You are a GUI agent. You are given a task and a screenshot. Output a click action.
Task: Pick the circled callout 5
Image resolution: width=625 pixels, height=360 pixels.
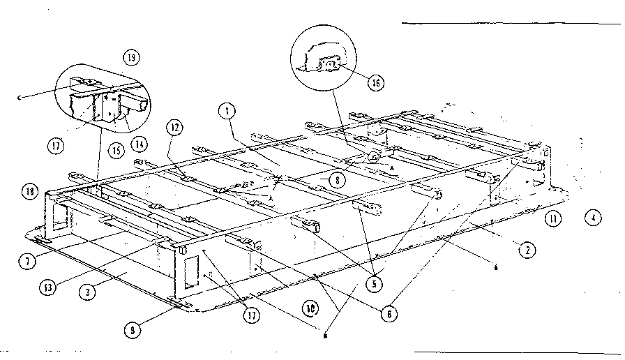pos(377,284)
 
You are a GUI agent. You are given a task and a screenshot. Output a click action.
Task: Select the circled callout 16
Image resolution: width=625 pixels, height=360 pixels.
pos(376,82)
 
